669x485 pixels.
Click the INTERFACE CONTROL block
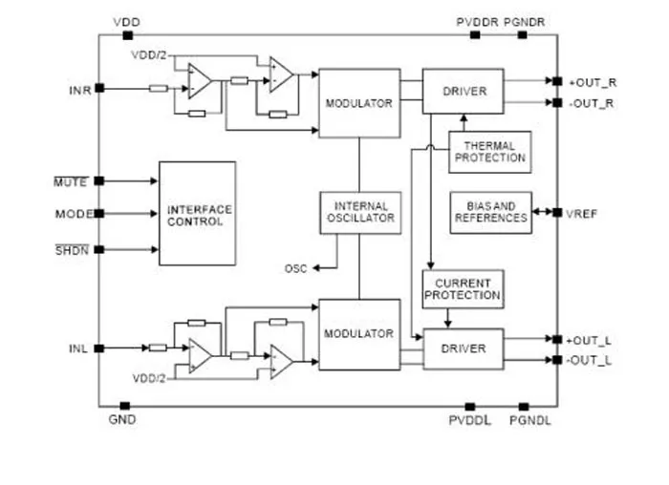click(x=197, y=214)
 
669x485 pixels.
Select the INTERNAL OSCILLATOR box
click(x=360, y=213)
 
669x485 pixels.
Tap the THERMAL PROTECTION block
click(x=489, y=152)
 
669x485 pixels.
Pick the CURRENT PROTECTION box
click(x=463, y=289)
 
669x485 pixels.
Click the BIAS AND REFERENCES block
click(x=490, y=213)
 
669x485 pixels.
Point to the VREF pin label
click(x=581, y=214)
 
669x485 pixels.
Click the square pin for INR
click(x=99, y=88)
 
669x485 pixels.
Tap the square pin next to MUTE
click(x=99, y=180)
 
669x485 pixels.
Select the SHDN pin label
click(x=72, y=250)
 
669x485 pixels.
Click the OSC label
click(x=295, y=269)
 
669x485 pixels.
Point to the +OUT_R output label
click(x=593, y=83)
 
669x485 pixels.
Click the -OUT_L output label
click(x=589, y=361)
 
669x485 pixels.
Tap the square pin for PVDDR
click(x=475, y=35)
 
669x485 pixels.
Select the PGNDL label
click(x=530, y=421)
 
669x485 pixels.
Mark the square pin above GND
click(x=124, y=406)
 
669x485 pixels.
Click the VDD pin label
click(x=127, y=22)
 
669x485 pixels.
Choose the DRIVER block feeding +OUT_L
click(x=464, y=348)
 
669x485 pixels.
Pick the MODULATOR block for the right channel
click(x=359, y=103)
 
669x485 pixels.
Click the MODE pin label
click(x=74, y=214)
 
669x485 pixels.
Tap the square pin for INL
click(x=99, y=348)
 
